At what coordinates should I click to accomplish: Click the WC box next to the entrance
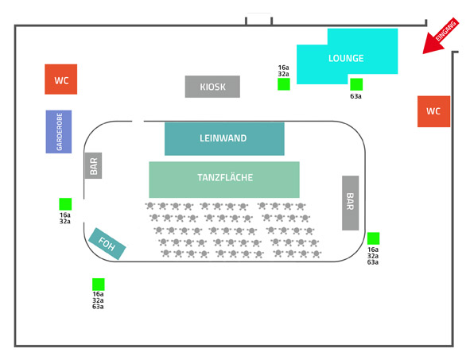pyautogui.click(x=433, y=111)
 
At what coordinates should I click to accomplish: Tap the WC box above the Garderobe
pyautogui.click(x=61, y=79)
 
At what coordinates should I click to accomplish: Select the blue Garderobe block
pyautogui.click(x=59, y=132)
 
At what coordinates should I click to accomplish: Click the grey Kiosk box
pyautogui.click(x=212, y=87)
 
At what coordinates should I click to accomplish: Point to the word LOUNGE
pyautogui.click(x=346, y=58)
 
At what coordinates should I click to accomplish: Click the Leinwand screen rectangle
pyautogui.click(x=224, y=138)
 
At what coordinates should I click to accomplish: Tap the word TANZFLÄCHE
pyautogui.click(x=225, y=177)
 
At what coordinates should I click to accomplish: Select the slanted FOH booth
pyautogui.click(x=107, y=244)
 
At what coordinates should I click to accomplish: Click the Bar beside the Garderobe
pyautogui.click(x=93, y=165)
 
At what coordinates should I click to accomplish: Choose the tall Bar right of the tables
pyautogui.click(x=351, y=203)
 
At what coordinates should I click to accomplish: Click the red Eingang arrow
pyautogui.click(x=441, y=37)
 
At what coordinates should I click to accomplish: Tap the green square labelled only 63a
pyautogui.click(x=356, y=84)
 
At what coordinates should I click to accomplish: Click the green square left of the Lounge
pyautogui.click(x=284, y=84)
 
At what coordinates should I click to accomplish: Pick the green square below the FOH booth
pyautogui.click(x=99, y=285)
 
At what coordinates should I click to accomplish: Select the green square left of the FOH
pyautogui.click(x=65, y=204)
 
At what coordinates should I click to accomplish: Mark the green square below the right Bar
pyautogui.click(x=374, y=238)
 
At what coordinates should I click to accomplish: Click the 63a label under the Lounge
pyautogui.click(x=355, y=96)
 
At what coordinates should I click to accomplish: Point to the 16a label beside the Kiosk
pyautogui.click(x=283, y=68)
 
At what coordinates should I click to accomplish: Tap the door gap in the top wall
pyautogui.click(x=259, y=21)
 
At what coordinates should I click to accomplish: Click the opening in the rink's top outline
pyautogui.click(x=138, y=122)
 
